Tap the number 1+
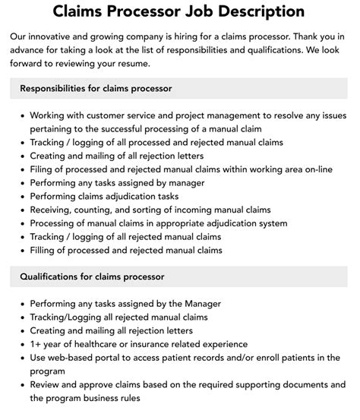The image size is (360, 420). tap(36, 344)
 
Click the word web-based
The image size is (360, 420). tap(79, 358)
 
